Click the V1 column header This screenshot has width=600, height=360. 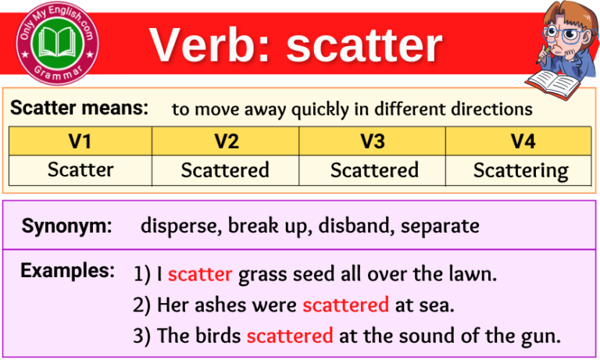[x=80, y=141]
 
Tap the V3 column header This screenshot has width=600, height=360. [x=373, y=141]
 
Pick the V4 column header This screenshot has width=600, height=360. [x=520, y=141]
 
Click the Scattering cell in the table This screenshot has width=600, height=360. [x=520, y=170]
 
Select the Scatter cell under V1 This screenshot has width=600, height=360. [x=80, y=169]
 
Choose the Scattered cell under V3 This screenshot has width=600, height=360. [x=374, y=169]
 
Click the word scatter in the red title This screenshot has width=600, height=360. [x=364, y=45]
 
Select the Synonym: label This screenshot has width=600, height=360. [x=67, y=226]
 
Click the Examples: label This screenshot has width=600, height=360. [x=67, y=271]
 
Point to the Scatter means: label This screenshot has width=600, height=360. [x=79, y=109]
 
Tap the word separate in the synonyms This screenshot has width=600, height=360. [x=440, y=226]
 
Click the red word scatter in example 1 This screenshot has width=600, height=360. [x=200, y=274]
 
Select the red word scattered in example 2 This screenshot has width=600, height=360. [x=345, y=305]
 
